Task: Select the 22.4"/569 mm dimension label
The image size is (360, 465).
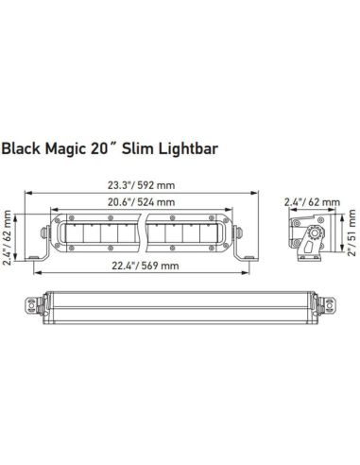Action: click(144, 266)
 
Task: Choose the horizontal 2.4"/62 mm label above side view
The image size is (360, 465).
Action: click(310, 202)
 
